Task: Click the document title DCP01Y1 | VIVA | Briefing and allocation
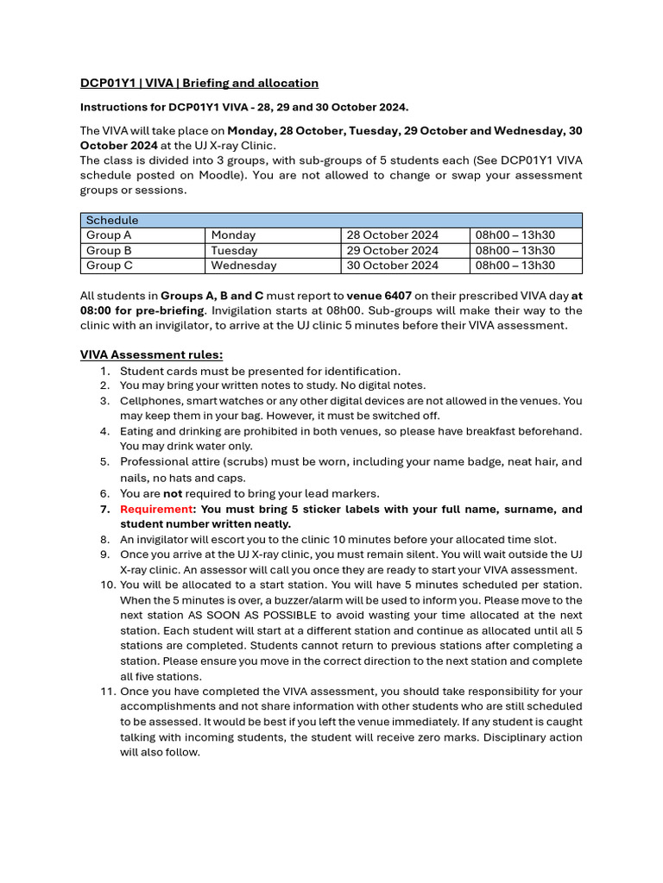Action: pyautogui.click(x=199, y=83)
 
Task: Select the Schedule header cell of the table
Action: pyautogui.click(x=111, y=220)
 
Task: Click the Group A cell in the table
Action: pyautogui.click(x=109, y=235)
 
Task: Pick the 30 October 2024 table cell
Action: pyautogui.click(x=392, y=266)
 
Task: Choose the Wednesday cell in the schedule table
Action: pyautogui.click(x=243, y=266)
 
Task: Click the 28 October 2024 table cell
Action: pyautogui.click(x=392, y=235)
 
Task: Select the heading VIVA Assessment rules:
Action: pyautogui.click(x=151, y=354)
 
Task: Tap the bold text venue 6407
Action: pyautogui.click(x=379, y=295)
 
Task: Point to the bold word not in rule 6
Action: pyautogui.click(x=174, y=493)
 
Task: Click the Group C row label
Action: pyautogui.click(x=109, y=266)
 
